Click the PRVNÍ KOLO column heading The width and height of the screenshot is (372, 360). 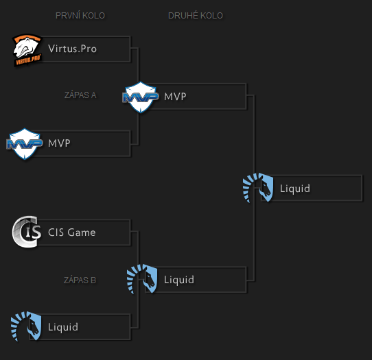[80, 16]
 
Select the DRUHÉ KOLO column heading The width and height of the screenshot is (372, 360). [196, 16]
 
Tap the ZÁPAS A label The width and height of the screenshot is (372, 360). [80, 95]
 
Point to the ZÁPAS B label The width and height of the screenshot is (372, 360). [80, 280]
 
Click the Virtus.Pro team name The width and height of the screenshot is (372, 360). [72, 49]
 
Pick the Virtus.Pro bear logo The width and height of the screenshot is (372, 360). [27, 50]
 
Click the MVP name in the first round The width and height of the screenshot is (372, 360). [60, 143]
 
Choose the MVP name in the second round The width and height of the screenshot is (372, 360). [175, 97]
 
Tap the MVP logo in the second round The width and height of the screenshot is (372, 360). [141, 97]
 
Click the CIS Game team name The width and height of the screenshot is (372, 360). [71, 232]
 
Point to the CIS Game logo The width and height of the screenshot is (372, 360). [27, 232]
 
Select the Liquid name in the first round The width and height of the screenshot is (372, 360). [63, 327]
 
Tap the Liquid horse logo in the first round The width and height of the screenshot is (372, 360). [27, 327]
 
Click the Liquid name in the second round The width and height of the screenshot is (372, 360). [178, 280]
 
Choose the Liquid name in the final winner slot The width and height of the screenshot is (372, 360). [294, 189]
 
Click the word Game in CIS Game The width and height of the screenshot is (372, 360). [82, 232]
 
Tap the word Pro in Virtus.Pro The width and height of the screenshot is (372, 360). [87, 49]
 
